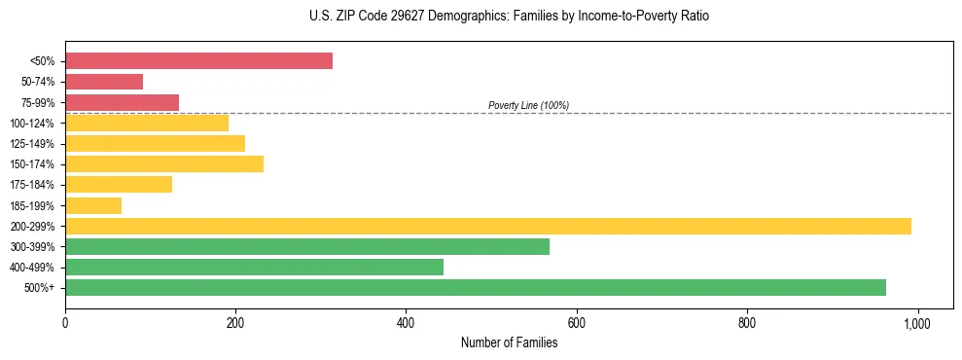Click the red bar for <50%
[198, 61]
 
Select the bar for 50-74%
[104, 82]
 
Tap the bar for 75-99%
[122, 102]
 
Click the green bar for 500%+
[476, 287]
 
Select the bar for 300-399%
[307, 246]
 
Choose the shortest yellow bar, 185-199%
[93, 205]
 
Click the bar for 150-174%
[164, 164]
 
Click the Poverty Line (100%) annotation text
[528, 105]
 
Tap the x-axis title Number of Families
[509, 342]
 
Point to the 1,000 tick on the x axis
[917, 322]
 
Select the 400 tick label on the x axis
[406, 322]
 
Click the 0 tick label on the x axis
[65, 322]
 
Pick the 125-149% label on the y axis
[32, 144]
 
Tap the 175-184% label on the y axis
[32, 185]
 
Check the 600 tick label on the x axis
[577, 322]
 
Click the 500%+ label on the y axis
[40, 288]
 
